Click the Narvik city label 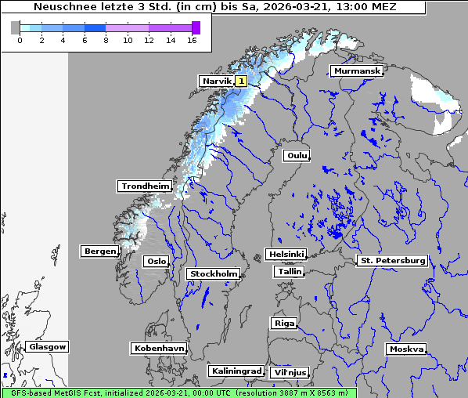[x=217, y=81]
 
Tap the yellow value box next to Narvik [x=241, y=81]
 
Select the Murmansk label [x=357, y=71]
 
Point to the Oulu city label [x=297, y=155]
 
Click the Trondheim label [x=145, y=186]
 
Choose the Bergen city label [x=99, y=251]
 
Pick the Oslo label [x=157, y=261]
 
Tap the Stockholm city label [x=214, y=273]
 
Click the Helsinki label [x=286, y=255]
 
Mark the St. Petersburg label [x=391, y=260]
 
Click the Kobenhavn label [x=159, y=348]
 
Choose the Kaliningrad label [x=236, y=371]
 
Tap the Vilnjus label [x=289, y=372]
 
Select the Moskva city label [x=406, y=349]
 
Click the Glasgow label [x=47, y=346]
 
